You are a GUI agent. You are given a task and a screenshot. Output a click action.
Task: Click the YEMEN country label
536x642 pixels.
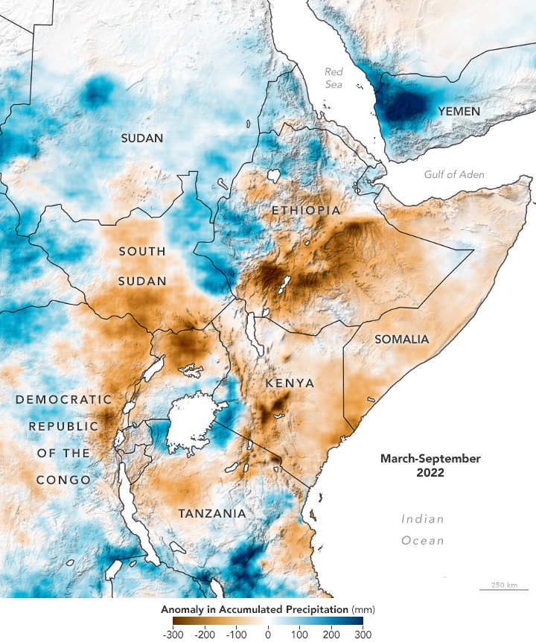[x=459, y=111]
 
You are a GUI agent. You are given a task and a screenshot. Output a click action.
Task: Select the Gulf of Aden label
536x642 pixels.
[x=454, y=175]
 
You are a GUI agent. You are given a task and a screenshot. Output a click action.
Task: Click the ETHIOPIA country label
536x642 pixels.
[x=306, y=211]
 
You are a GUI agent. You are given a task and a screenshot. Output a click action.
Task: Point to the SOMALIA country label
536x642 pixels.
[x=402, y=340]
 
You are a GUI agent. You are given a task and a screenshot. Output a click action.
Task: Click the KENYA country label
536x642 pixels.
[x=290, y=383]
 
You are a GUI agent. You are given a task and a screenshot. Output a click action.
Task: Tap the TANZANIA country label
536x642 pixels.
[x=211, y=514]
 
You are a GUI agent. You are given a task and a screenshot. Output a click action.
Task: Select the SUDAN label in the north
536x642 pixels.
[x=143, y=138]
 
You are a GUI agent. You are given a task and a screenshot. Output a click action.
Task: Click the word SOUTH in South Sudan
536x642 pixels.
[x=142, y=252]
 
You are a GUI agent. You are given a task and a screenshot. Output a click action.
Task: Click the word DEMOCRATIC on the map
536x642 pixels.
[x=64, y=400]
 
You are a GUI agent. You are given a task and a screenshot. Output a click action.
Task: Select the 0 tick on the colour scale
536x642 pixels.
[x=268, y=634]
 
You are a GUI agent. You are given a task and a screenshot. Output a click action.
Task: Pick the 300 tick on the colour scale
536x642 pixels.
[x=363, y=634]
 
